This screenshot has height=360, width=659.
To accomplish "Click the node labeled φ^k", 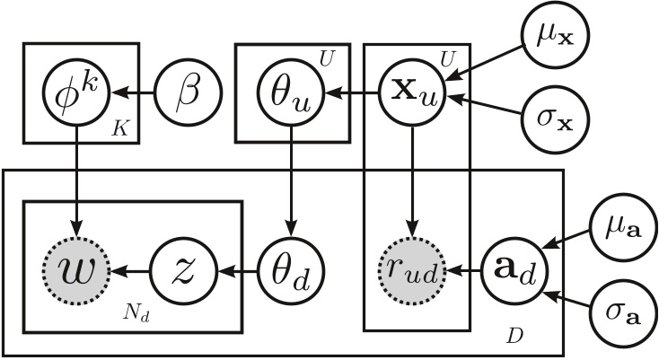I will coord(76,92).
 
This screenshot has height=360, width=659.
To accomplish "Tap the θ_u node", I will coord(290,92).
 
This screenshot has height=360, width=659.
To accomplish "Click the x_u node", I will coord(411,92).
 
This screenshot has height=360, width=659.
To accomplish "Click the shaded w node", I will coord(76,268).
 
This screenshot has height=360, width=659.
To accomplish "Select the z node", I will coord(185,268).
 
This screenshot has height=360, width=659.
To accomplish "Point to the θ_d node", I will coord(290,268).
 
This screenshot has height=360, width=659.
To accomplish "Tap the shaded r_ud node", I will coord(411,268).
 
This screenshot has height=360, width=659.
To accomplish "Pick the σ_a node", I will coord(619,316).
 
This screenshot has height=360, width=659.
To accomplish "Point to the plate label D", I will coord(514,335).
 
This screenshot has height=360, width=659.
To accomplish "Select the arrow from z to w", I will coord(131,268).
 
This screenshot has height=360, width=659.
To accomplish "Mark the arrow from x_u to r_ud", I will coord(411,180).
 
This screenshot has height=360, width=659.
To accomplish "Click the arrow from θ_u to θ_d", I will coord(290,180).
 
